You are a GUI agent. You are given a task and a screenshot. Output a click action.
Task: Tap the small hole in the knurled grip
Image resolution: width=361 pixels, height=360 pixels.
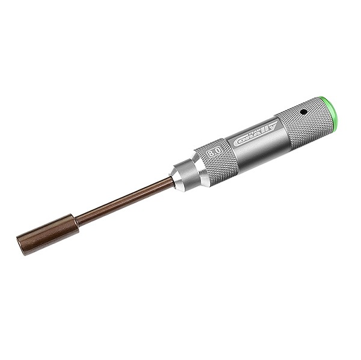click(x=304, y=112)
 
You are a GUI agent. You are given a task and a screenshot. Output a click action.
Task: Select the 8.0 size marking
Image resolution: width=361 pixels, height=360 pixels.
click(x=214, y=153)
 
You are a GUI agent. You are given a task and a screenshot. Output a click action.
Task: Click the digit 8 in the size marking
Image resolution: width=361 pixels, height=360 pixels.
click(x=211, y=154)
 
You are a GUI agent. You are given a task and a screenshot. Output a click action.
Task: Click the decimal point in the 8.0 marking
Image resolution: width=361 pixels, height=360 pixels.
click(x=214, y=153)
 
